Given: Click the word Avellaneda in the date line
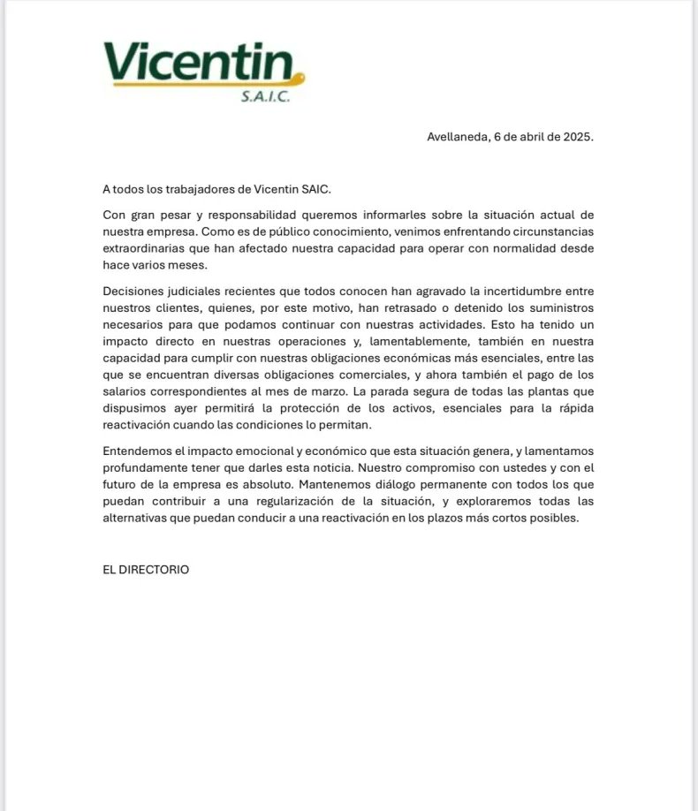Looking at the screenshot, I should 456,138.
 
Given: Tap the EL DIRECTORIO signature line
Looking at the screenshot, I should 146,570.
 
